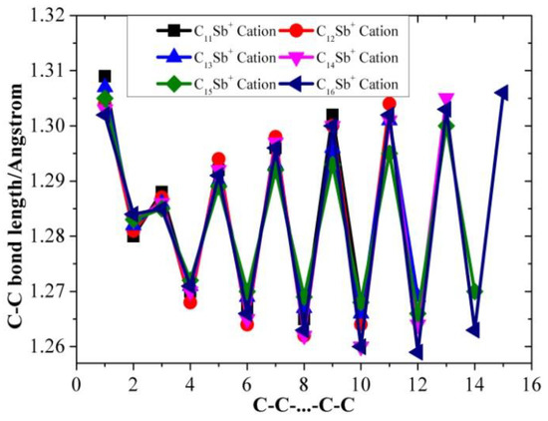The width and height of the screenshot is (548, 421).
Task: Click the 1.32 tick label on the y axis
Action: pyautogui.click(x=48, y=16)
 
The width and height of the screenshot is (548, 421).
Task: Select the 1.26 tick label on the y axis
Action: pyautogui.click(x=48, y=346)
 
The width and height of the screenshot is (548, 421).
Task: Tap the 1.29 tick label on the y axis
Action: pyautogui.click(x=48, y=182)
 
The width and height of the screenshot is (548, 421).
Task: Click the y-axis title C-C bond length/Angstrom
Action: pyautogui.click(x=17, y=190)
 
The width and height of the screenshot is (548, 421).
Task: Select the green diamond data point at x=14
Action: pyautogui.click(x=474, y=291)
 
